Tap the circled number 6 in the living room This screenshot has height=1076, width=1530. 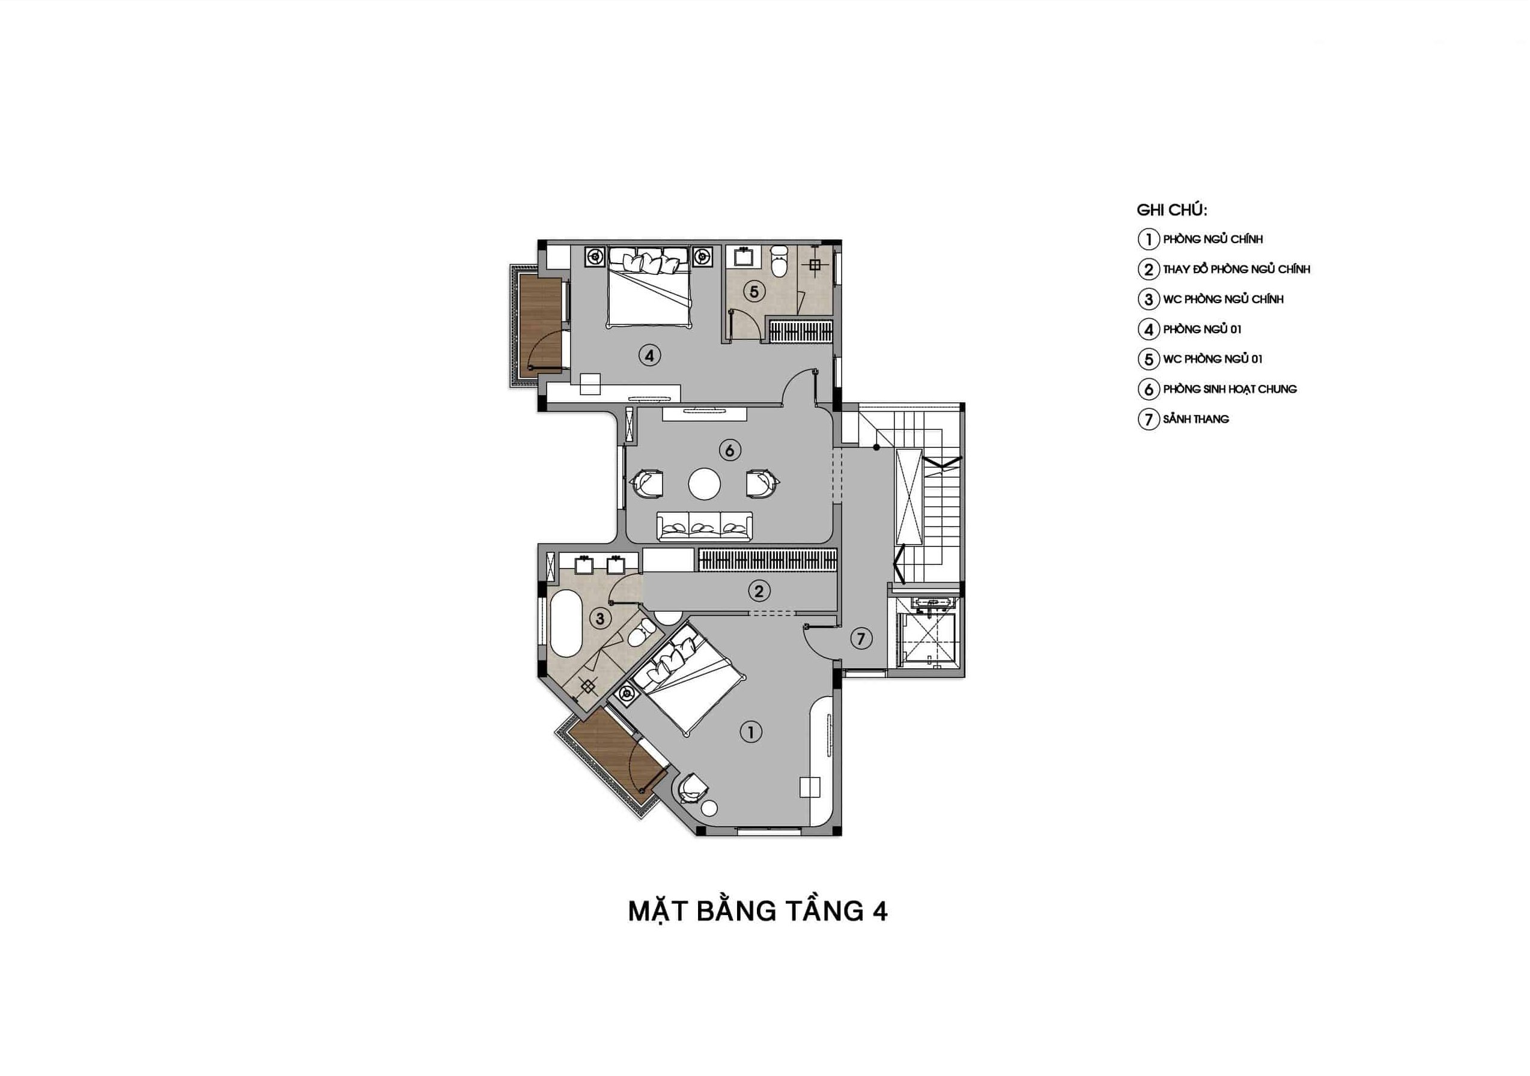[x=730, y=450]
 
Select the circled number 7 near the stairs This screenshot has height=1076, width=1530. [x=861, y=639]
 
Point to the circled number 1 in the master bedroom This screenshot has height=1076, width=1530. [x=751, y=732]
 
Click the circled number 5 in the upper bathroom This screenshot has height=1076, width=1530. [x=754, y=291]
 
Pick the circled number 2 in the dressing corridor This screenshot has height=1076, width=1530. [x=758, y=590]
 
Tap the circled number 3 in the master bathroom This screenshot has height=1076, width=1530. [x=600, y=619]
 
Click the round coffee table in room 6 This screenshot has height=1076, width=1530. [x=705, y=484]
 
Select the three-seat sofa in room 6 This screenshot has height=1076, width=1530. [x=705, y=527]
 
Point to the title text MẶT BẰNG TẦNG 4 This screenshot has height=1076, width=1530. [x=757, y=911]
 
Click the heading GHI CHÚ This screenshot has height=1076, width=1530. [x=1171, y=210]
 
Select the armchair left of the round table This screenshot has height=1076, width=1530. [x=180, y=484]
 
